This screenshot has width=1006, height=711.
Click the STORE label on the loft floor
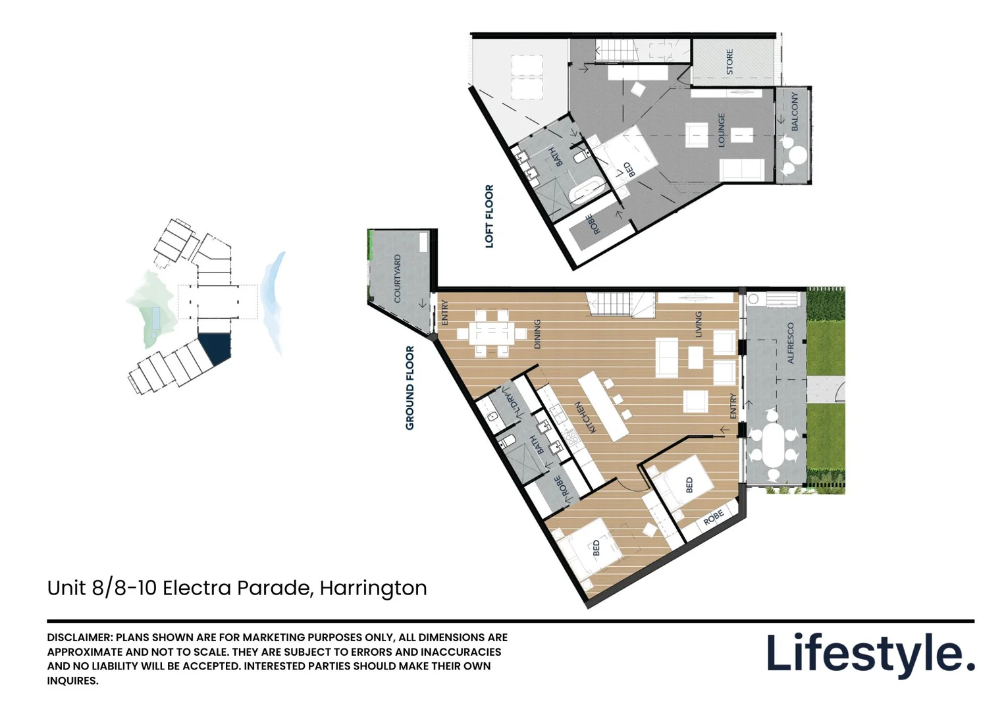(729, 62)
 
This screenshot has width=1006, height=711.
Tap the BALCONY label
(795, 111)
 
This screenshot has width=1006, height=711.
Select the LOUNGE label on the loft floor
(722, 130)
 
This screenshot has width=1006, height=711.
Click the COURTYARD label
(398, 278)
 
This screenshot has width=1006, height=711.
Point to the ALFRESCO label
(791, 343)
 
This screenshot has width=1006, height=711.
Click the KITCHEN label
(581, 417)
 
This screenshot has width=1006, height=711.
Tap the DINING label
(537, 334)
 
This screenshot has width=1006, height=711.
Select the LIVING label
(699, 324)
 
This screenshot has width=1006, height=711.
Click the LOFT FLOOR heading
(489, 216)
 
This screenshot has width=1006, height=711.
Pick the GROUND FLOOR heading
(410, 388)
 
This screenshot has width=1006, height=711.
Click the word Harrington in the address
(373, 587)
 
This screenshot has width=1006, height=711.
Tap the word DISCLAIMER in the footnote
(80, 637)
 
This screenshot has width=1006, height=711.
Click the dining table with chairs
(490, 333)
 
